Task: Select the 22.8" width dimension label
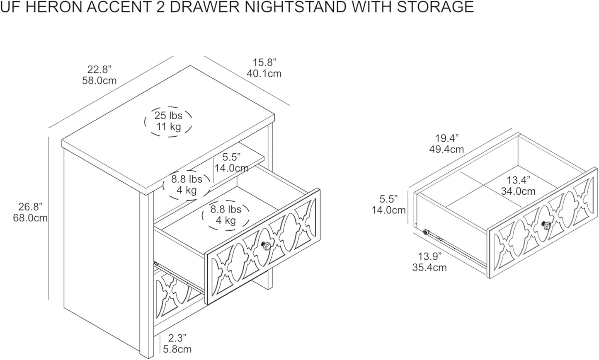click(x=99, y=69)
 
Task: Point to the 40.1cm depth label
click(x=264, y=73)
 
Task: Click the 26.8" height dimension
click(x=30, y=207)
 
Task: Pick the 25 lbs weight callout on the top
click(x=168, y=116)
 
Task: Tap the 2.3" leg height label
click(x=177, y=338)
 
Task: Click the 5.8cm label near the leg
click(x=177, y=349)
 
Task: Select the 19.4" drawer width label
click(x=446, y=138)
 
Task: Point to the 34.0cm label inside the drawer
click(x=518, y=191)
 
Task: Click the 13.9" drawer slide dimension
click(x=429, y=256)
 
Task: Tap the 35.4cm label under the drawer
click(x=429, y=267)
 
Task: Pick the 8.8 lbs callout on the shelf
click(x=187, y=179)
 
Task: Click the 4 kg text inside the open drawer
click(x=226, y=220)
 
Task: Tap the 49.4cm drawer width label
click(x=446, y=149)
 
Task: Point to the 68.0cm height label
click(x=30, y=218)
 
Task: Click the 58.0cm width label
click(x=99, y=80)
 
